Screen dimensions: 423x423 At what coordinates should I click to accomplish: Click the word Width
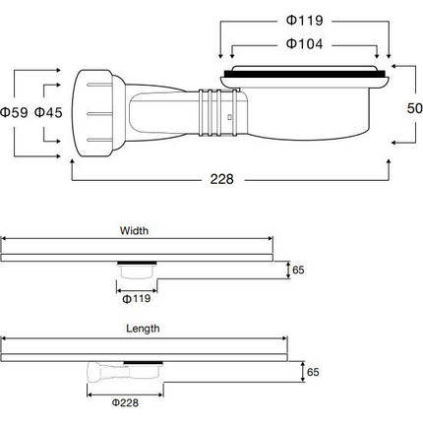[x=134, y=232]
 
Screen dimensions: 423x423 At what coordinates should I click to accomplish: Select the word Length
[x=142, y=330]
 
